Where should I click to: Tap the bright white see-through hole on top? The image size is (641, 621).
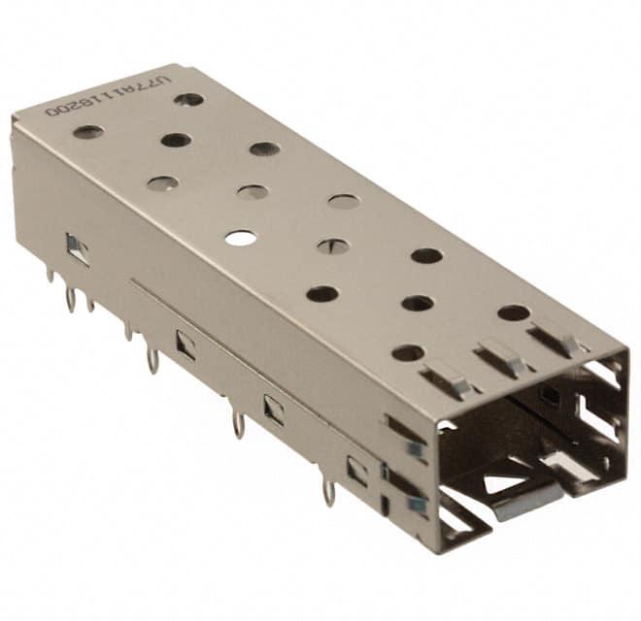(x=241, y=237)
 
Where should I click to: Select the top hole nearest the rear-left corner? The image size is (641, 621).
(x=88, y=131)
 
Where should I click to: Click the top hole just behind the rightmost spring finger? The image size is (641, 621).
(x=514, y=312)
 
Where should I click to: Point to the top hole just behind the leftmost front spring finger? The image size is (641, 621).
(x=408, y=352)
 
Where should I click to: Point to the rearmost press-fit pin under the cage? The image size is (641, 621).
(x=51, y=277)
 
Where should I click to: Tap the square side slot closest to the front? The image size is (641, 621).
(x=357, y=471)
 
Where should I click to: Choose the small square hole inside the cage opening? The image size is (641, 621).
(x=550, y=395)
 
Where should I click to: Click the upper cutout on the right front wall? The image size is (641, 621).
(x=603, y=374)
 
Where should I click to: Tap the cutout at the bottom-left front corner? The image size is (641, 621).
(x=455, y=519)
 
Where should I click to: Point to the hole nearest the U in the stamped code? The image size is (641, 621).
(x=188, y=99)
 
